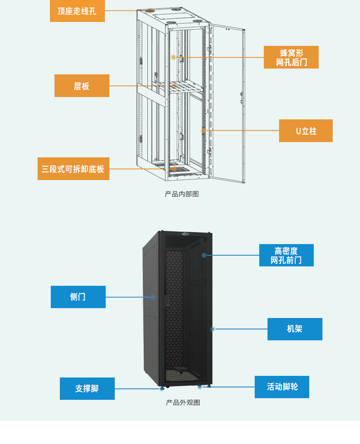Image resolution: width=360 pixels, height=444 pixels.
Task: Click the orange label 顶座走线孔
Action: coord(77,11)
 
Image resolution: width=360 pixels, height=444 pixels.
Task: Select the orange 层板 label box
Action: coord(82,86)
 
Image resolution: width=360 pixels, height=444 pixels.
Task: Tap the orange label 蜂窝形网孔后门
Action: coord(291,57)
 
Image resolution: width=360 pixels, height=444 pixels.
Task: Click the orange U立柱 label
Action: coord(306,131)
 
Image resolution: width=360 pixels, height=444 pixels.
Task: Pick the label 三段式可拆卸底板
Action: coord(73,169)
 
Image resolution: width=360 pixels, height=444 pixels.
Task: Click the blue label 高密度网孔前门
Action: coord(286,255)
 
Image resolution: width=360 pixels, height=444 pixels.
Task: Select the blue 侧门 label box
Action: coord(78,297)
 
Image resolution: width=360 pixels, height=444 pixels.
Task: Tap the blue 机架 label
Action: coord(295,329)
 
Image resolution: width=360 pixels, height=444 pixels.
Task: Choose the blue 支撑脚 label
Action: coord(87,389)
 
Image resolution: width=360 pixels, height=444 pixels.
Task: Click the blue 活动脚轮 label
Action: coord(282,387)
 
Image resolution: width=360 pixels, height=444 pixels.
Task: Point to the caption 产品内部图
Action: coord(182,194)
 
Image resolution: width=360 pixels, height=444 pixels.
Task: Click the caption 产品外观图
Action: coord(183,403)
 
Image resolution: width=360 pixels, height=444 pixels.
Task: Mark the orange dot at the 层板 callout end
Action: coord(175,86)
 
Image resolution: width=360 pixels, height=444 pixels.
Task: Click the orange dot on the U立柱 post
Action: coord(203,131)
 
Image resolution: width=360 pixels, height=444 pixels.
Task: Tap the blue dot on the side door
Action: coord(152,297)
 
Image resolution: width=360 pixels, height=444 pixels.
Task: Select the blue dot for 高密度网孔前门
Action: coord(204,255)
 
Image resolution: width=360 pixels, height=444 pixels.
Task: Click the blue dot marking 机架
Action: coord(213,329)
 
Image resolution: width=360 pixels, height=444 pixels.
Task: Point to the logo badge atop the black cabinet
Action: coord(185,234)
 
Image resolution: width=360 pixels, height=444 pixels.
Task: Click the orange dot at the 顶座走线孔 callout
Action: coord(151,10)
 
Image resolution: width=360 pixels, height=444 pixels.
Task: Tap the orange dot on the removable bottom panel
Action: coord(174,169)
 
